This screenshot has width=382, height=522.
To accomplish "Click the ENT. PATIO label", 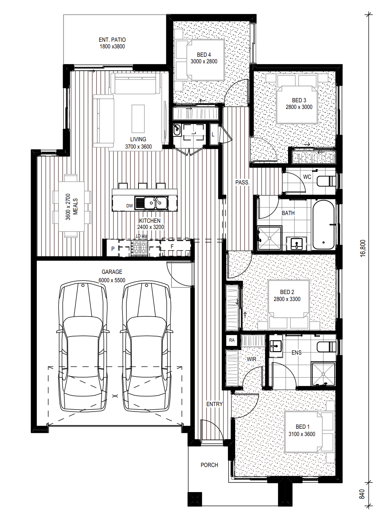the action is [x=112, y=40].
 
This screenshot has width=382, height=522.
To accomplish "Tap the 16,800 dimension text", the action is [x=363, y=248].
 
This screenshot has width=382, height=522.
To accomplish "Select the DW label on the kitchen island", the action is [x=129, y=206].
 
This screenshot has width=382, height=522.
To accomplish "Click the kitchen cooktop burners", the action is [x=139, y=248].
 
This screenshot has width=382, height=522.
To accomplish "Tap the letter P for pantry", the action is [x=113, y=249].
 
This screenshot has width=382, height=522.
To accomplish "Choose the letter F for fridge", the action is [x=172, y=246].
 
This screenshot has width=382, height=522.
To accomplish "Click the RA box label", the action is [x=231, y=340].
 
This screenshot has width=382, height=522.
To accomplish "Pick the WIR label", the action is [x=251, y=359].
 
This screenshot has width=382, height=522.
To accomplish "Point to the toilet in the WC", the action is [x=326, y=181].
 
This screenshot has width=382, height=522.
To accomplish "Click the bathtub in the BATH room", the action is [x=323, y=225].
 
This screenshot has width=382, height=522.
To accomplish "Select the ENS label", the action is [x=296, y=353].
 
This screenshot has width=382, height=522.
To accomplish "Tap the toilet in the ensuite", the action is [x=326, y=347].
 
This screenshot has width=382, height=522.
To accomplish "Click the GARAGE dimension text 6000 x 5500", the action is [x=112, y=280].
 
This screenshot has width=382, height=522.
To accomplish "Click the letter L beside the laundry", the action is [x=213, y=134].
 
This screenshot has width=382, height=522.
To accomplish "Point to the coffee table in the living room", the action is [x=138, y=119].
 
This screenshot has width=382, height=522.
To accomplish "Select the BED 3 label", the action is [x=299, y=100].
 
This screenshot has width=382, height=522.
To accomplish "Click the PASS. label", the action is [x=242, y=182].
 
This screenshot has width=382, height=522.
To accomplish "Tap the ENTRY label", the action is [x=214, y=404].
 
